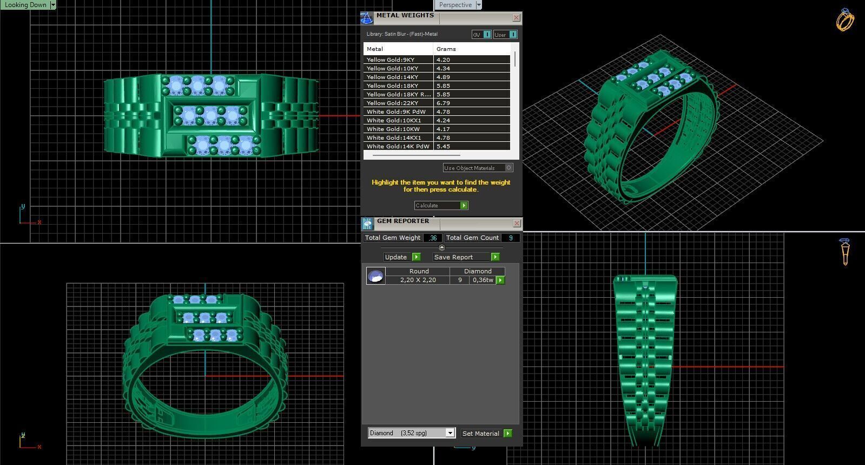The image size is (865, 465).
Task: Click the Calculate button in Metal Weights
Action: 441,206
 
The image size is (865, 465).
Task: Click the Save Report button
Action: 466,257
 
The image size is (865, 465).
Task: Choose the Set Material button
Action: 486,434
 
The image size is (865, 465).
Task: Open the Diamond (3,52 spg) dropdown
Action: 450,433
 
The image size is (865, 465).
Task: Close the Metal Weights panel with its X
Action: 516,18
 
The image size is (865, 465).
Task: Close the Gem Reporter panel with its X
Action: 517,223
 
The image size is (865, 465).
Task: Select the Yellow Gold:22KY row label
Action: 392,103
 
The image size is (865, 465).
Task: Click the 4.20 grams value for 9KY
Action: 443,60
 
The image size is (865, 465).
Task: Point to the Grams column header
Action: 446,49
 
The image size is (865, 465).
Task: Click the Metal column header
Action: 375,49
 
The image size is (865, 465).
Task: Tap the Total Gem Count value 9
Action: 511,238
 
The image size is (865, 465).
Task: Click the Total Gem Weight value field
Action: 433,238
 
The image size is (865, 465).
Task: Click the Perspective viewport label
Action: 455,5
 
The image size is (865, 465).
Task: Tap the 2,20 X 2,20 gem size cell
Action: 418,280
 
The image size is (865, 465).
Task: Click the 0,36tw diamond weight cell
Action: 483,280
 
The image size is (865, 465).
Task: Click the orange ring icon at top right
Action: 845,20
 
